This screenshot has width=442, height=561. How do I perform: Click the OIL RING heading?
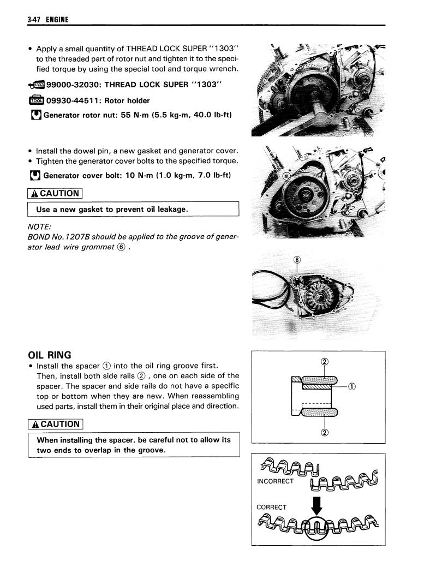tap(49, 355)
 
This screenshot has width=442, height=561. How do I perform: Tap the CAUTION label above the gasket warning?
tap(55, 193)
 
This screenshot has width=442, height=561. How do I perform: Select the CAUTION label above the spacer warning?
tap(55, 424)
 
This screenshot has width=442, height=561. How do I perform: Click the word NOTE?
tap(39, 226)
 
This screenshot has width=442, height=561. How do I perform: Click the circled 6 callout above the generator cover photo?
tap(297, 260)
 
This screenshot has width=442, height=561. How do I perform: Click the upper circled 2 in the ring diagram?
tap(324, 362)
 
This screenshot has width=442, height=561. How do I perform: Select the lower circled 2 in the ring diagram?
tap(324, 433)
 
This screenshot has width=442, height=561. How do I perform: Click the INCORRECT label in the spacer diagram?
tap(275, 481)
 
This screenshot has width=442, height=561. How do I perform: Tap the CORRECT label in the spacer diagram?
tap(271, 507)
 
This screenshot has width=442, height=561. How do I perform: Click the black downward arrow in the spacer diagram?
tap(316, 503)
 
